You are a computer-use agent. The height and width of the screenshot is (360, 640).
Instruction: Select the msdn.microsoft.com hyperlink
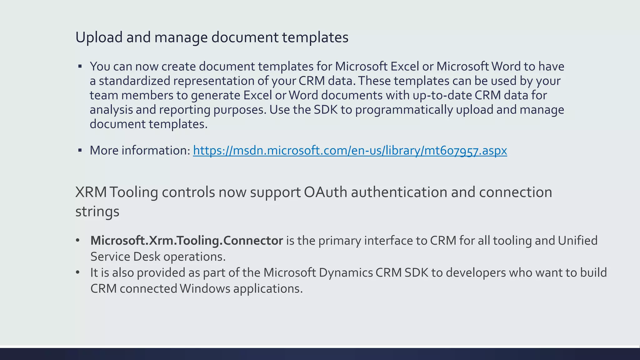click(350, 151)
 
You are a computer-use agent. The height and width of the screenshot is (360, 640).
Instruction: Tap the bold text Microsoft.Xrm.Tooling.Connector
click(187, 241)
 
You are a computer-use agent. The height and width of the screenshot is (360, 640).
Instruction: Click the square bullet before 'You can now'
click(80, 66)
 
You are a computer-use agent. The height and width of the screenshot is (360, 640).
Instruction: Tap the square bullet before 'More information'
click(80, 151)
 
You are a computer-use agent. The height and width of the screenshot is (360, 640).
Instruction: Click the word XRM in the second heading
click(91, 192)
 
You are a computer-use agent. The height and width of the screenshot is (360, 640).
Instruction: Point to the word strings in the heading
click(97, 212)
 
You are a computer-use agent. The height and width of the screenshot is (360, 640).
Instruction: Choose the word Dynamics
click(346, 273)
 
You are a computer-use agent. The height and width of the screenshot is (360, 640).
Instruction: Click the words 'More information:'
click(140, 151)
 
